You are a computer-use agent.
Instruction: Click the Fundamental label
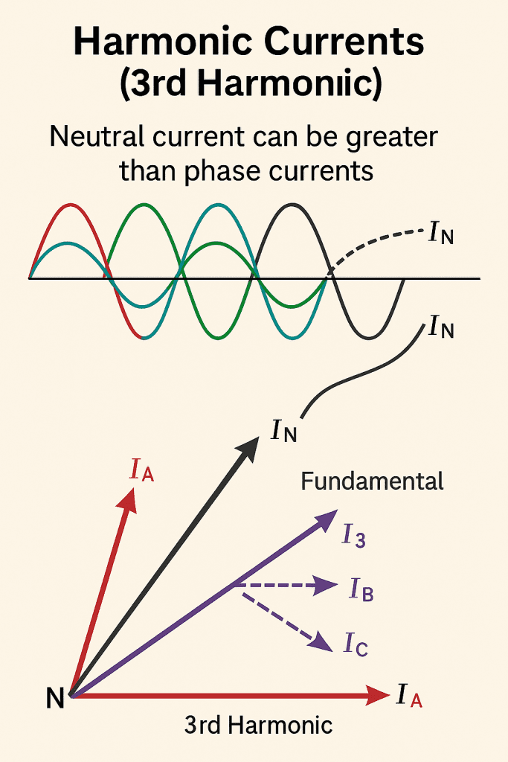click(372, 481)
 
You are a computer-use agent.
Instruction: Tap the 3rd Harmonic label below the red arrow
click(258, 725)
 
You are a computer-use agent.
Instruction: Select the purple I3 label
click(353, 536)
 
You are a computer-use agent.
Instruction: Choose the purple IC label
click(356, 644)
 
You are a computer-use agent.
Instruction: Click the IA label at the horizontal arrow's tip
click(411, 697)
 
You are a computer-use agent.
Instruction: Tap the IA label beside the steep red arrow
click(141, 470)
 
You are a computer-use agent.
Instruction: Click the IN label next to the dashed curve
click(441, 234)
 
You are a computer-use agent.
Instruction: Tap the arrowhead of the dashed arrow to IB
click(329, 586)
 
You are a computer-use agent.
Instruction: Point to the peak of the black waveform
click(292, 205)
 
